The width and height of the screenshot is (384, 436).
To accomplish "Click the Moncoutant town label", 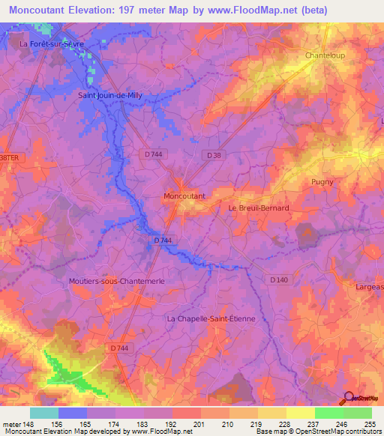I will pyautogui.click(x=184, y=196).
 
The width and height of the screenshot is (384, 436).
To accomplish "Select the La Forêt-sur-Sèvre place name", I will pyautogui.click(x=52, y=44).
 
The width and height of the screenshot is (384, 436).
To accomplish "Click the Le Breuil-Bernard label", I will pyautogui.click(x=258, y=208).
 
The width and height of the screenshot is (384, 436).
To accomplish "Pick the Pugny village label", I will pyautogui.click(x=322, y=181).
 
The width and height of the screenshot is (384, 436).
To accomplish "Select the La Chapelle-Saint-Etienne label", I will pyautogui.click(x=211, y=318).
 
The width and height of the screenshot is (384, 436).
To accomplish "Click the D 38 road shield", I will pyautogui.click(x=214, y=154).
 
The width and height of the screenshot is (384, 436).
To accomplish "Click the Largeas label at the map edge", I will pyautogui.click(x=367, y=285).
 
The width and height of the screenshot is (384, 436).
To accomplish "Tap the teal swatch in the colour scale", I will pyautogui.click(x=44, y=413).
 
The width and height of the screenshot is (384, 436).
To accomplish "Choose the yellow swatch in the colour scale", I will pyautogui.click(x=301, y=413).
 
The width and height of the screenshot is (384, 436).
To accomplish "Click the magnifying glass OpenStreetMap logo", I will pyautogui.click(x=348, y=398).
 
